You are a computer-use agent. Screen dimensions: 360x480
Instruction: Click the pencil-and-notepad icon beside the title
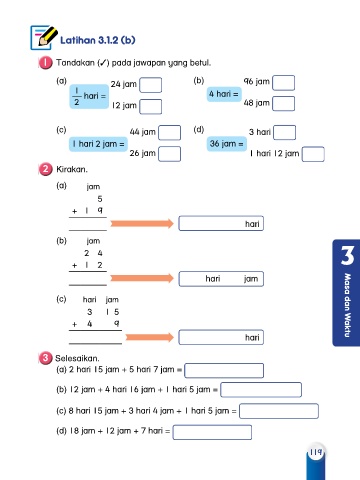(x=43, y=37)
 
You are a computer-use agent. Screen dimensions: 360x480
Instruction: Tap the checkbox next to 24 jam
(x=151, y=85)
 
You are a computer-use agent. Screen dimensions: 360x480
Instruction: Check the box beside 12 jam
(x=151, y=107)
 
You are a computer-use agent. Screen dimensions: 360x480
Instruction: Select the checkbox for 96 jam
(x=284, y=83)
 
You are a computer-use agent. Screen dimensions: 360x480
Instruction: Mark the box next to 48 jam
(x=284, y=104)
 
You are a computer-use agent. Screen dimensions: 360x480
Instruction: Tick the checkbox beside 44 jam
(x=170, y=133)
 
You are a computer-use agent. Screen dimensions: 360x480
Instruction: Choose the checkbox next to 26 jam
(x=170, y=154)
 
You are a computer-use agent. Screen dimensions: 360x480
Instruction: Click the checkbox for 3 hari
(x=285, y=132)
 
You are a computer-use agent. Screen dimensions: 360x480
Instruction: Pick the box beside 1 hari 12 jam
(x=313, y=154)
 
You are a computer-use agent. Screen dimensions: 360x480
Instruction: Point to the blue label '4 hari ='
(x=224, y=94)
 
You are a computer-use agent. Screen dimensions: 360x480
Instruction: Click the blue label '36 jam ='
(x=227, y=144)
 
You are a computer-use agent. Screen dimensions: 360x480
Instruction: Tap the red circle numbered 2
(x=45, y=169)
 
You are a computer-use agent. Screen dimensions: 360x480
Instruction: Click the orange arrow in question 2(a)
(x=142, y=223)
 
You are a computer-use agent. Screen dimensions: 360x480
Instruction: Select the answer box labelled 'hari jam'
(x=221, y=279)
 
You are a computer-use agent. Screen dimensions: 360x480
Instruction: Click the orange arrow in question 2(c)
(x=150, y=337)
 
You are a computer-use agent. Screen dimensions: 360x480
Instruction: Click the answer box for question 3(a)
(x=224, y=370)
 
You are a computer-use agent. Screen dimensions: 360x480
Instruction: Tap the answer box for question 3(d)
(x=212, y=432)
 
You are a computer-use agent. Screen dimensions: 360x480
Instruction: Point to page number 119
(x=315, y=452)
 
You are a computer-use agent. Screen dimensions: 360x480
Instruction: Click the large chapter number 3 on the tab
(x=347, y=256)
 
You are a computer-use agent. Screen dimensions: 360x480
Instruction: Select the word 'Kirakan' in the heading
(x=72, y=169)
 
